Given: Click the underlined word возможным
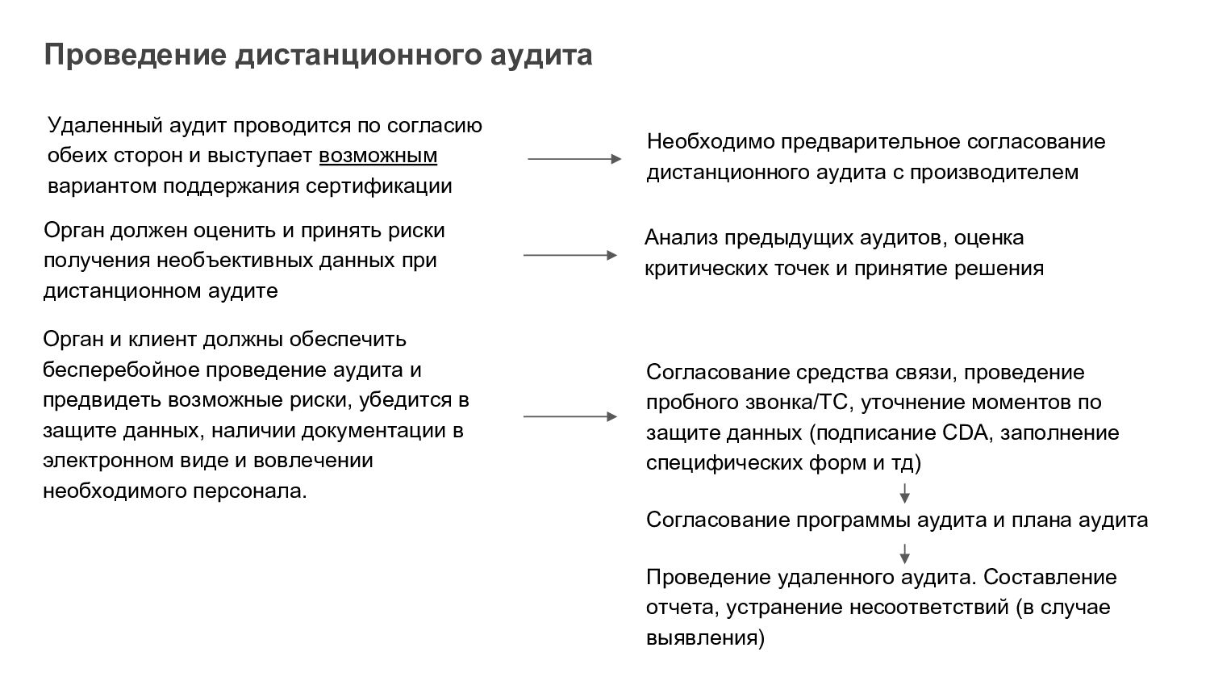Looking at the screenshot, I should (378, 156).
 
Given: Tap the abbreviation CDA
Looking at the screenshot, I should (964, 432).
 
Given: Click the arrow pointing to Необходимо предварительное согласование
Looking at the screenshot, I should (574, 159).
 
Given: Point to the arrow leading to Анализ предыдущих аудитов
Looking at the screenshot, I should (570, 255).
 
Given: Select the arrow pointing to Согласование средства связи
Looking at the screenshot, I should (570, 416).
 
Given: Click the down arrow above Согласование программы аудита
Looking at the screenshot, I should (905, 492).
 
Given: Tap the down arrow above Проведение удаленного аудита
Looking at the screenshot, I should (905, 553).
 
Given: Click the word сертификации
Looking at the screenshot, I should (378, 186).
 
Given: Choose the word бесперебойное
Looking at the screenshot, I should (122, 370).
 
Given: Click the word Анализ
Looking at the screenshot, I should (681, 238).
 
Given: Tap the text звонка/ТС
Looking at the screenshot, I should (791, 402).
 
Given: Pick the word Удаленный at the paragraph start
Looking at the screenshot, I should (105, 126).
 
